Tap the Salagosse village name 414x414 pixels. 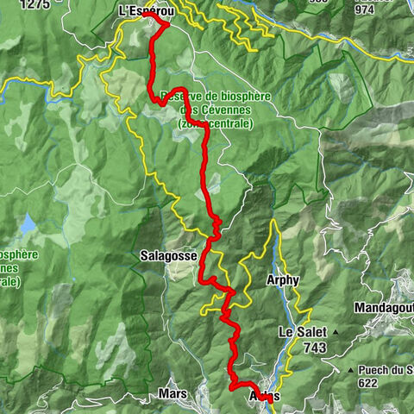coord(164,256)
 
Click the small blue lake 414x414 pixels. coord(28,225)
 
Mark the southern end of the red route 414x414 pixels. coord(269,400)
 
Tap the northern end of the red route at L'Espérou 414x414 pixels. coord(145,15)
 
